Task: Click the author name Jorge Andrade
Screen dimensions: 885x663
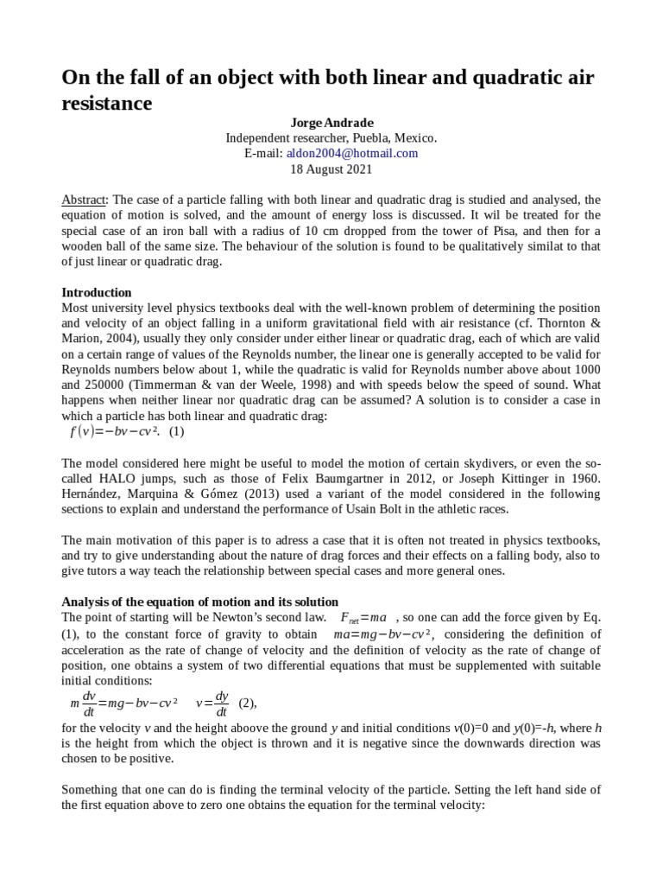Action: pos(331,123)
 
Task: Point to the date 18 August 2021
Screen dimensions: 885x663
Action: pos(331,169)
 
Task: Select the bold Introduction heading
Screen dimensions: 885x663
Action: pos(97,292)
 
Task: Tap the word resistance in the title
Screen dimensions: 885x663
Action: pos(107,103)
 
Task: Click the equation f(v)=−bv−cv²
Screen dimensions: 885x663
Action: pos(114,431)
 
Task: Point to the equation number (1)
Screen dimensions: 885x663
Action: pos(177,431)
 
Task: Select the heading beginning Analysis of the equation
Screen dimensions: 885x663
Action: pos(200,602)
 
